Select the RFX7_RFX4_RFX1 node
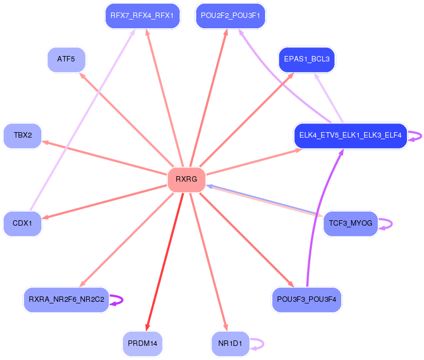point(142,15)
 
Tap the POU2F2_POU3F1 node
point(230,15)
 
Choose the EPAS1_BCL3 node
point(307,59)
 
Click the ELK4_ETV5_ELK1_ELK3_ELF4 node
point(350,135)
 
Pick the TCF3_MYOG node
point(350,224)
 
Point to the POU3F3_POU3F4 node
point(306,299)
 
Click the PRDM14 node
point(143,344)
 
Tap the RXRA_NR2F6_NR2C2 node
point(66,300)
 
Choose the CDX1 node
point(22,224)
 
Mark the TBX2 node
point(22,135)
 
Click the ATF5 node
point(66,59)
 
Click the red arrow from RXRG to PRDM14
point(164,261)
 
